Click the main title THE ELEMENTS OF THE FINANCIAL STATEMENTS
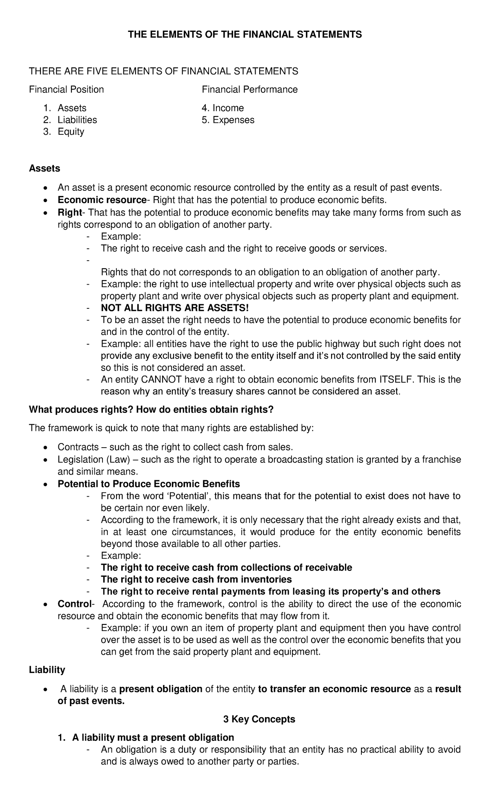(x=245, y=35)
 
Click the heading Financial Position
(x=66, y=89)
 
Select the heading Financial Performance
(x=250, y=89)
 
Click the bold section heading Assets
(x=45, y=168)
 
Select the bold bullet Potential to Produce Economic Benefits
(x=149, y=484)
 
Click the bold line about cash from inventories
(x=196, y=580)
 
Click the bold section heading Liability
(x=47, y=670)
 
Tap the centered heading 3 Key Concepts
(x=259, y=719)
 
